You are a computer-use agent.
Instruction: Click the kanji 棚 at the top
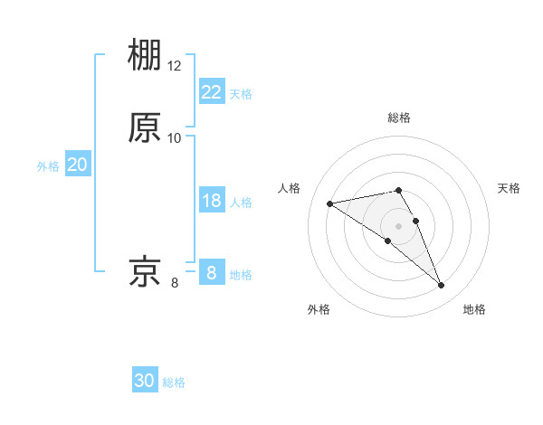point(146,56)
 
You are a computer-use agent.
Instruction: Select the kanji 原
point(146,127)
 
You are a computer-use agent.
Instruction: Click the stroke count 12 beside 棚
point(175,66)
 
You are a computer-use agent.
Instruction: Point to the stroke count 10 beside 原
point(175,138)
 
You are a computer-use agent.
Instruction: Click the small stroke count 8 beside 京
point(175,282)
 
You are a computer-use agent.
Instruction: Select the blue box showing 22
point(212,92)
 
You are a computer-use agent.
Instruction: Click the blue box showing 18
point(212,201)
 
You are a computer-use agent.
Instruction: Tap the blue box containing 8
point(212,272)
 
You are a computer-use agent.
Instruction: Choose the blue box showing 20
point(78,165)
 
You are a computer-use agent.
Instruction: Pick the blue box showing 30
point(145,381)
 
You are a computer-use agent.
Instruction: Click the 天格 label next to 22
point(241,94)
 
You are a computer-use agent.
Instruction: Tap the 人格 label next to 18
point(241,203)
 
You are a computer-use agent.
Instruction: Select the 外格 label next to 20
point(48,166)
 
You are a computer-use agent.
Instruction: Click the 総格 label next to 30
point(174,382)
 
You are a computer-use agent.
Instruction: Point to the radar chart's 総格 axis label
point(398,118)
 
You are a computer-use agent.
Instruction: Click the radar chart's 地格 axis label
point(474,309)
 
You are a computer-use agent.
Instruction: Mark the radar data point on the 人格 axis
point(329,203)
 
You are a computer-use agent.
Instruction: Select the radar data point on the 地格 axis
point(442,286)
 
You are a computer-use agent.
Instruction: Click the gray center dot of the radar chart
point(398,225)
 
